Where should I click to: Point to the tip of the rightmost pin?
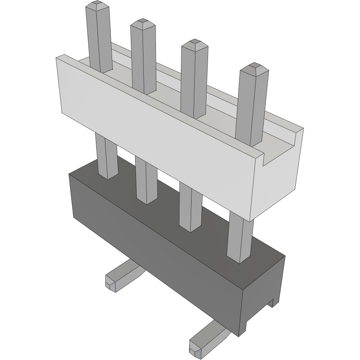(x=254, y=67)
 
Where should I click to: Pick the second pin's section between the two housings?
(x=146, y=178)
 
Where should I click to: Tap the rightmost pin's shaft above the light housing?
(x=251, y=106)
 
